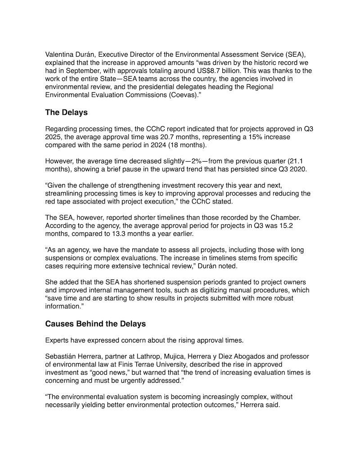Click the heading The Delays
click(x=66, y=112)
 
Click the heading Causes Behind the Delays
click(x=95, y=324)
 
